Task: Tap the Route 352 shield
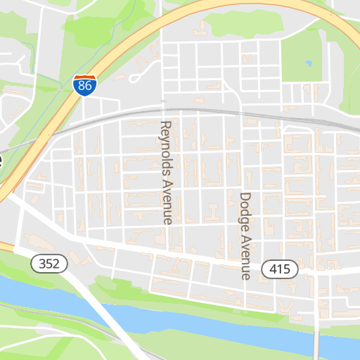pyautogui.click(x=49, y=264)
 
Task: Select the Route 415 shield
pyautogui.click(x=280, y=269)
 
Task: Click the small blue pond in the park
pyautogui.click(x=309, y=63)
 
